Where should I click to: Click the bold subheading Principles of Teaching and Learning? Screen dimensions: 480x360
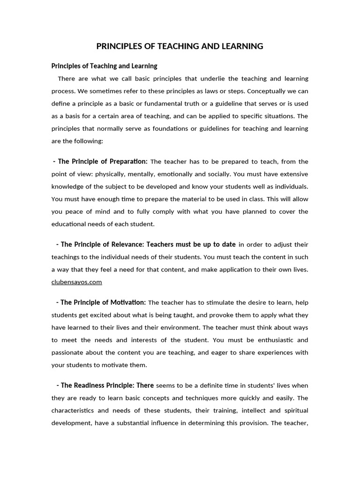coord(104,66)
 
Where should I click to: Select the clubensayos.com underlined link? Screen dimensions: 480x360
coord(76,282)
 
